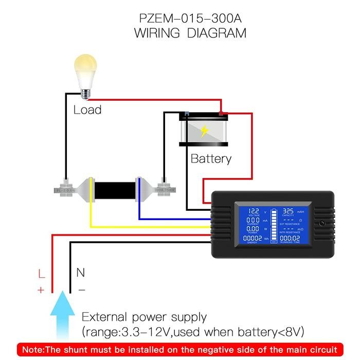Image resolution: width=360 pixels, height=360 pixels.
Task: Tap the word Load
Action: click(x=87, y=110)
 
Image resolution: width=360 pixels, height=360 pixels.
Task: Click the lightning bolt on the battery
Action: click(x=204, y=131)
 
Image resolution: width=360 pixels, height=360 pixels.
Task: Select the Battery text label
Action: click(x=211, y=158)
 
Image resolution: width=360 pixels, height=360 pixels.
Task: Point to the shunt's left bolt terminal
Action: click(x=65, y=188)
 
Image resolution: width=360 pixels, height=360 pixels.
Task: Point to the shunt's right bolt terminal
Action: click(x=165, y=188)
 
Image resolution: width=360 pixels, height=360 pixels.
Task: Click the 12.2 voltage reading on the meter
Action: click(x=254, y=211)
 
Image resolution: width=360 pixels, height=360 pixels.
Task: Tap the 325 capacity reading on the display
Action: click(x=288, y=211)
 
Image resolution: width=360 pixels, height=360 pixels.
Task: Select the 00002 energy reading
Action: click(x=253, y=239)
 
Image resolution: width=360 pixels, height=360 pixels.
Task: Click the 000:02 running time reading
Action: click(x=290, y=239)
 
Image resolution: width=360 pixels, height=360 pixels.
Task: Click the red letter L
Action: click(x=42, y=274)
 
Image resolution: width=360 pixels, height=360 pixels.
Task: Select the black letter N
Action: click(x=80, y=273)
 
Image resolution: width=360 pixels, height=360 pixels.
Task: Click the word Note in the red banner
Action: click(x=34, y=349)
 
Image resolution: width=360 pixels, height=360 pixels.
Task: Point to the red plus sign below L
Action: click(x=41, y=290)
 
